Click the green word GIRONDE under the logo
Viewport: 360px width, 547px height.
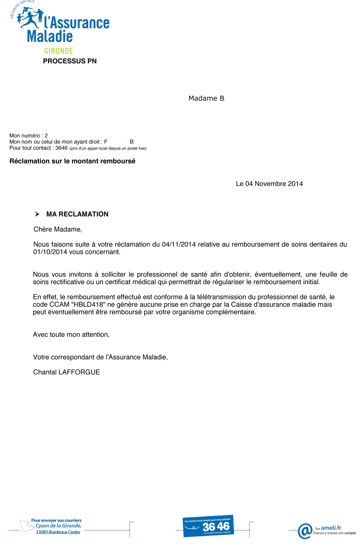58,51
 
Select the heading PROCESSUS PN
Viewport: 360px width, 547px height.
70,61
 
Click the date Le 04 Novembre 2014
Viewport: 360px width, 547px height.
269,184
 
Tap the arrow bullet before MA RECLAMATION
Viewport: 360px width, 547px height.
37,214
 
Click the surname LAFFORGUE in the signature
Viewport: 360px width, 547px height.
79,372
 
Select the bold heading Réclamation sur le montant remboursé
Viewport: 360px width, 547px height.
72,161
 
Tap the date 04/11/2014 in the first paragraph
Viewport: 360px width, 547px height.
179,244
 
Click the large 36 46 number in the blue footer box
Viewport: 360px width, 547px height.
216,526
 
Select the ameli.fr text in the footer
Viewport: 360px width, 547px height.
331,528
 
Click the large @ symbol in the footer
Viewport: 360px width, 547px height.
305,531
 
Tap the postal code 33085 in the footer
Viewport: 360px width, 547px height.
42,532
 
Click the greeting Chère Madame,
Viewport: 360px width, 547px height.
58,229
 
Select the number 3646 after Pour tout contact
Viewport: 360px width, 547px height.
61,148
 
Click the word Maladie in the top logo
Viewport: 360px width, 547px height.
50,37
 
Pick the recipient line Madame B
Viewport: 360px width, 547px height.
206,98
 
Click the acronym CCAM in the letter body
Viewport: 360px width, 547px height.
59,305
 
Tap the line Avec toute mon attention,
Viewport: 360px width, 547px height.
71,335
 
